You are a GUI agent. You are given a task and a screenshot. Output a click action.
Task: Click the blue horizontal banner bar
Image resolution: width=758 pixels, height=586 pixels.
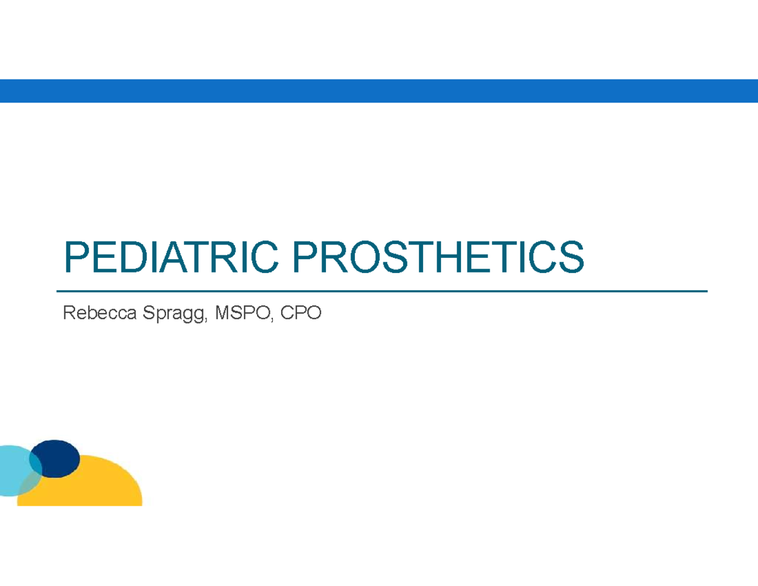coord(379,90)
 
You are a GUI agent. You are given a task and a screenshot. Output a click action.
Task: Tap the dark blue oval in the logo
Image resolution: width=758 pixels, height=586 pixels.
coord(56,458)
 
